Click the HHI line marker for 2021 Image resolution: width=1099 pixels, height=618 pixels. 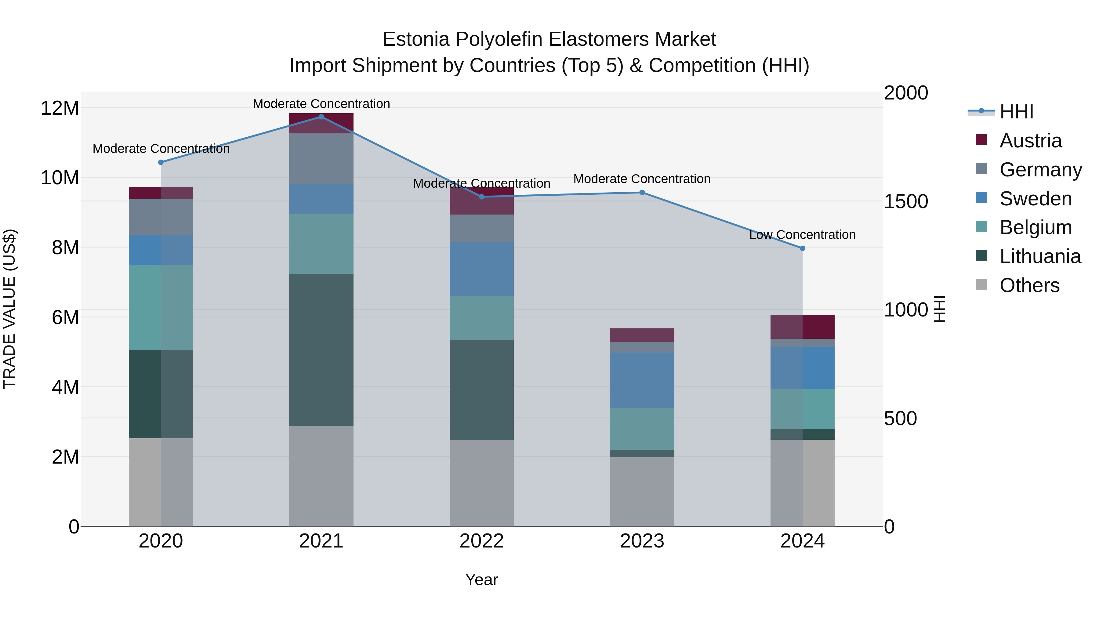[x=321, y=117]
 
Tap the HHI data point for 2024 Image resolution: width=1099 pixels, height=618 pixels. [x=803, y=248]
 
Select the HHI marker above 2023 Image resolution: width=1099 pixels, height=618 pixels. [x=642, y=192]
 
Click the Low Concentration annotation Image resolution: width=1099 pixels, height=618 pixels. [x=802, y=235]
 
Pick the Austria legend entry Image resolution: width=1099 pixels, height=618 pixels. [x=1030, y=141]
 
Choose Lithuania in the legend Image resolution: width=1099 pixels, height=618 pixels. [x=1040, y=257]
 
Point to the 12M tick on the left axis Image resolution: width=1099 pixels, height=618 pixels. [x=60, y=108]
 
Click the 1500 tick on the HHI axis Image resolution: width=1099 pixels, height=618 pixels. [x=906, y=202]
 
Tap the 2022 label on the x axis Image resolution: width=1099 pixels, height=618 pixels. [x=482, y=541]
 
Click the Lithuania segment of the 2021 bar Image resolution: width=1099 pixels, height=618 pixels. [x=321, y=350]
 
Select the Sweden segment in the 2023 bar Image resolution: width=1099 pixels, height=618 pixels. [x=642, y=380]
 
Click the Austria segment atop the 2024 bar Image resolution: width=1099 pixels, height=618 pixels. [x=803, y=327]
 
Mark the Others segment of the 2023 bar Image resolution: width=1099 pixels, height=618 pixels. [x=642, y=492]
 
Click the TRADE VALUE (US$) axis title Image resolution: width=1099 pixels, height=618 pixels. [x=10, y=309]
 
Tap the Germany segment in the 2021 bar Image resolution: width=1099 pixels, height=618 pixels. [x=321, y=159]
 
